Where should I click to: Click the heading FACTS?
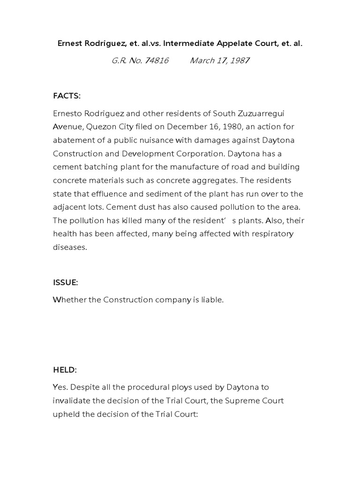(x=67, y=96)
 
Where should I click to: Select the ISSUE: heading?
(x=65, y=283)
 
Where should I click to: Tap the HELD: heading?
(x=65, y=370)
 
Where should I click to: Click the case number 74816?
(x=157, y=60)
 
